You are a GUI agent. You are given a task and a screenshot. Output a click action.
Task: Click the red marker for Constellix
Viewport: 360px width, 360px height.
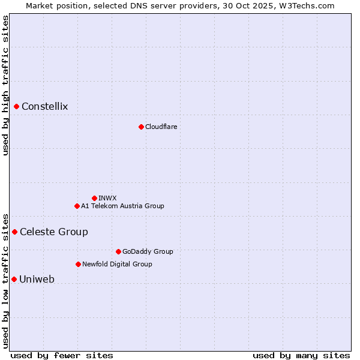point(17,107)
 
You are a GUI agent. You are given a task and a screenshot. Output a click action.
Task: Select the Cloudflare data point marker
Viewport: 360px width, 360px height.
point(141,127)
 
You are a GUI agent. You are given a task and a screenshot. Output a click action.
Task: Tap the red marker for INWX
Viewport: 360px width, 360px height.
point(94,198)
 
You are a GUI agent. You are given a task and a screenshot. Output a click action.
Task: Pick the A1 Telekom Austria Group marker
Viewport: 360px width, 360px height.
point(77,206)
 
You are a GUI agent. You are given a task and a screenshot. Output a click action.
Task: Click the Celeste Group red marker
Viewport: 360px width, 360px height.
point(15,232)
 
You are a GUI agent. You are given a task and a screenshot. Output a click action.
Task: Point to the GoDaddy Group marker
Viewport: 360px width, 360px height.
point(118,251)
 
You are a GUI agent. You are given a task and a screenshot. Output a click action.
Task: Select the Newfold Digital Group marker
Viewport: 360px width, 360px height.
point(78,264)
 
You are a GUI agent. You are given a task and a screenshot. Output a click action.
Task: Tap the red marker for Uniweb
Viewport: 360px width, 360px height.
point(14,279)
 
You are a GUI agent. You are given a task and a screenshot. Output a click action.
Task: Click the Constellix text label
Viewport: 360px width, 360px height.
point(45,107)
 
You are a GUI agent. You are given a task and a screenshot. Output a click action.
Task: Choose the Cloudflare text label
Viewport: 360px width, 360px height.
point(161,127)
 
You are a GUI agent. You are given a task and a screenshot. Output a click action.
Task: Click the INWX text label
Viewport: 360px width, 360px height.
point(107,198)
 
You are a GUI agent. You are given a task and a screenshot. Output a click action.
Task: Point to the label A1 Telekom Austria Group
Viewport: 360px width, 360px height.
point(122,206)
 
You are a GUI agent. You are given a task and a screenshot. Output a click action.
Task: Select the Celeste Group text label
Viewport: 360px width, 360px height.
point(54,232)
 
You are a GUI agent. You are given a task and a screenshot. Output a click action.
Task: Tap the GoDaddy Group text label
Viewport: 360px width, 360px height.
point(148,251)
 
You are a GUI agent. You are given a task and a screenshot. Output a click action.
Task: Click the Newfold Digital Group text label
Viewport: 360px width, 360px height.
point(117,264)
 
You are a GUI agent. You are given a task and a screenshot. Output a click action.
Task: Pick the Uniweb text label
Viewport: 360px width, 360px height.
point(37,280)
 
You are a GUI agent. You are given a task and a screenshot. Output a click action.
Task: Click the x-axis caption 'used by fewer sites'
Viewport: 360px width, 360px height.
point(62,356)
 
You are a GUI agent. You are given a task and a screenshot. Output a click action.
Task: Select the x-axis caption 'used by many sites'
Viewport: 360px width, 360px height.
point(301,356)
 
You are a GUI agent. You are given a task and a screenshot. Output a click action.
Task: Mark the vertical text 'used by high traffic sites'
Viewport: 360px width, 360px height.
point(5,85)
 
